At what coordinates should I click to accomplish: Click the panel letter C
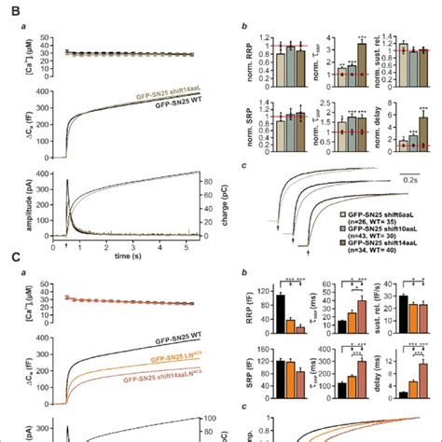pyautogui.click(x=10, y=265)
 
